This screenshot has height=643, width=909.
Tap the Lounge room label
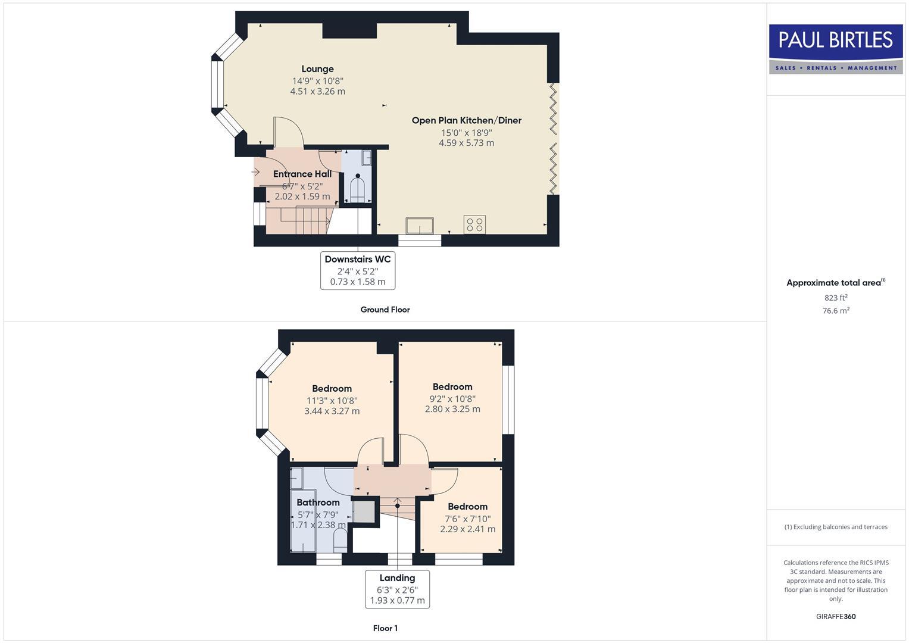[317, 69]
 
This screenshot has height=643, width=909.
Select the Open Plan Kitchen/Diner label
[466, 120]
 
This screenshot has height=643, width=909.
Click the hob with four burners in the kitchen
[474, 224]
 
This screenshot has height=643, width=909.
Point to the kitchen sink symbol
[420, 226]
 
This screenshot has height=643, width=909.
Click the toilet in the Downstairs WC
[357, 189]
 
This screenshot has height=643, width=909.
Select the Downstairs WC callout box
[357, 270]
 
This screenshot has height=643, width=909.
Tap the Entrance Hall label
[302, 174]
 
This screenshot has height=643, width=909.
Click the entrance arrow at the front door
[256, 173]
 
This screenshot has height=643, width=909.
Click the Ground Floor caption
[385, 310]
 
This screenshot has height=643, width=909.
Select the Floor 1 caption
[385, 628]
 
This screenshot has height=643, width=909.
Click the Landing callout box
[397, 589]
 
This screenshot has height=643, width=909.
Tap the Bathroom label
[318, 502]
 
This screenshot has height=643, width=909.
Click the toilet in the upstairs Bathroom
[340, 541]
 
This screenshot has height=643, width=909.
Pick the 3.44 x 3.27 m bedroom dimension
[332, 411]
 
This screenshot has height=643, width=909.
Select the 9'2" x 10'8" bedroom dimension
[452, 399]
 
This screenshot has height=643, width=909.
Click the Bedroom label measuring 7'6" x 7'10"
[467, 507]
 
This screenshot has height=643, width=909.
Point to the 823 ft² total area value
[836, 298]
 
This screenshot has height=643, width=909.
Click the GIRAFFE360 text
[836, 616]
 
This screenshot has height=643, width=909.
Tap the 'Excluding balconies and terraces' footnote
[836, 527]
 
